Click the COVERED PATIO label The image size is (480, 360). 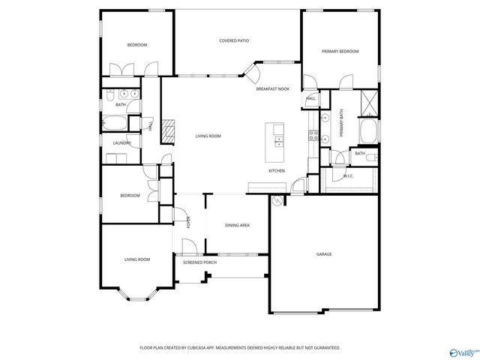tap(234, 40)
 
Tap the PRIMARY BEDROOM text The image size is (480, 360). tap(340, 51)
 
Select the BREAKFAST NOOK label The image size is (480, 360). tap(272, 89)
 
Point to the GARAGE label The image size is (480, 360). tap(323, 254)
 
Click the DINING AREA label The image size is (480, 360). tap(238, 225)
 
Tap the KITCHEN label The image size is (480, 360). tap(277, 171)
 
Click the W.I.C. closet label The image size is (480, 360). tap(348, 176)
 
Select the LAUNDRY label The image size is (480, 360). tap(122, 142)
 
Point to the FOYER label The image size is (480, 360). tap(188, 222)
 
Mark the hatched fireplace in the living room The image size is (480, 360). tap(170, 131)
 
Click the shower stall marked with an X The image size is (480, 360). tap(368, 103)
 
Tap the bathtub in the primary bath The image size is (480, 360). tap(368, 132)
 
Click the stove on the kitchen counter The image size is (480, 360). tap(314, 136)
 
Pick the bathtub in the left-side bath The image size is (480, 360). tap(115, 123)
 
